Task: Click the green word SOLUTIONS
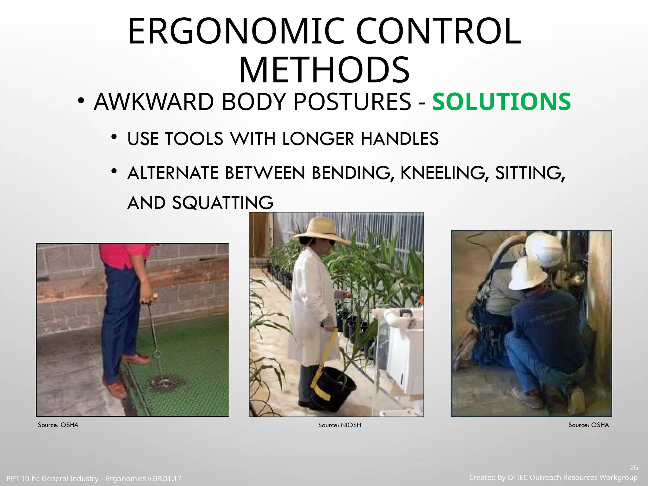pos(502,102)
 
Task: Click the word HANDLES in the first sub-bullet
pos(400,139)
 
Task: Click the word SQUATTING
pos(223,203)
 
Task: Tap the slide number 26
pos(634,468)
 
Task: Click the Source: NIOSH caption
pos(340,425)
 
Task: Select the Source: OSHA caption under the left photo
pos(58,425)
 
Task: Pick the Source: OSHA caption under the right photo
pos(589,425)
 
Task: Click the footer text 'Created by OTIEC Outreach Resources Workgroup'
pos(553,477)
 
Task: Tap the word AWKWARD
pos(154,102)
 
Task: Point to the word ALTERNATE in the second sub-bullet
pos(173,173)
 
